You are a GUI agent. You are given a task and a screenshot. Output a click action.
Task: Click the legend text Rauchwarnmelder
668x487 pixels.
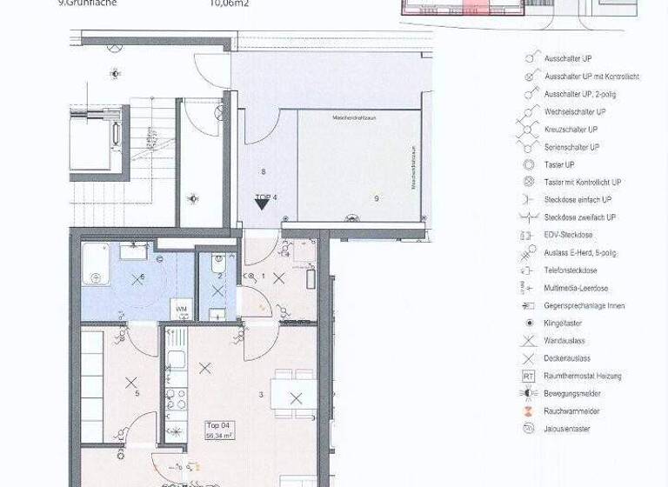coord(571,411)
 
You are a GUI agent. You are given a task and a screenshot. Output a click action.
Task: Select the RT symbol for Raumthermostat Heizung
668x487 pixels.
coord(528,377)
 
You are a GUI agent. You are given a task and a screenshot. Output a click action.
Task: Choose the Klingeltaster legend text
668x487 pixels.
coord(564,324)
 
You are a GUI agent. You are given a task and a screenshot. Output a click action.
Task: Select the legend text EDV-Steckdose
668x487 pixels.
coord(568,235)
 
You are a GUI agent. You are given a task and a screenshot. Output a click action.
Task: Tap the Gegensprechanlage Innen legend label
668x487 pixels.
coord(584,306)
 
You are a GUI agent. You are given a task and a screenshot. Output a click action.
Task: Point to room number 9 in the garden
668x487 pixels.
coord(377,199)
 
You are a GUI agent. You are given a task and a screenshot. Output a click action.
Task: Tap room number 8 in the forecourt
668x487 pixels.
coord(263,172)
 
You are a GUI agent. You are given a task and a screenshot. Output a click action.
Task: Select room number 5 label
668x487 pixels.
coord(137,394)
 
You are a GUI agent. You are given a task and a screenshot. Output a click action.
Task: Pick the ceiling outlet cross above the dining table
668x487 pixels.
coord(296,398)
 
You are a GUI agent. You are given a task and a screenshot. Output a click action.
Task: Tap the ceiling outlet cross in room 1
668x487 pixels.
coord(278,278)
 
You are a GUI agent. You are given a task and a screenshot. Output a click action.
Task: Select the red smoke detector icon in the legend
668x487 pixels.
coord(527,411)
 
